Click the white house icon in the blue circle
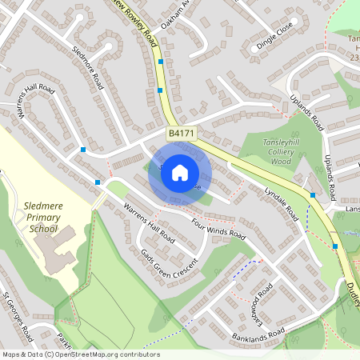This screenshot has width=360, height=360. click(180, 172)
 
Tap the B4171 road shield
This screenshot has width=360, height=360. click(179, 132)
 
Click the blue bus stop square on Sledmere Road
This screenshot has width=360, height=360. click(84, 149)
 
